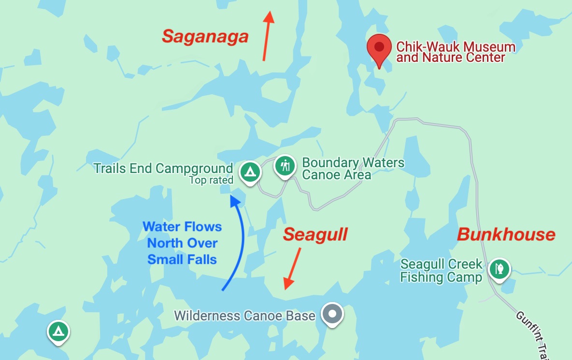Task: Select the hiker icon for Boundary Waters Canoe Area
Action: click(285, 166)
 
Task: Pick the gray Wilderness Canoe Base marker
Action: click(332, 315)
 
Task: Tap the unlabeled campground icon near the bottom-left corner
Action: click(58, 331)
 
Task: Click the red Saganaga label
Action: click(205, 36)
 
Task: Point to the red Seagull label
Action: click(315, 235)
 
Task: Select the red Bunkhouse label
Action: click(506, 235)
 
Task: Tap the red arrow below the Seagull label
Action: click(293, 268)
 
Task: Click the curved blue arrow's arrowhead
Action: click(235, 201)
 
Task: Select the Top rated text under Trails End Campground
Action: click(211, 181)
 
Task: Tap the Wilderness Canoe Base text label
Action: click(244, 316)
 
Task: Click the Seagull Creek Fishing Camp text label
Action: click(441, 271)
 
